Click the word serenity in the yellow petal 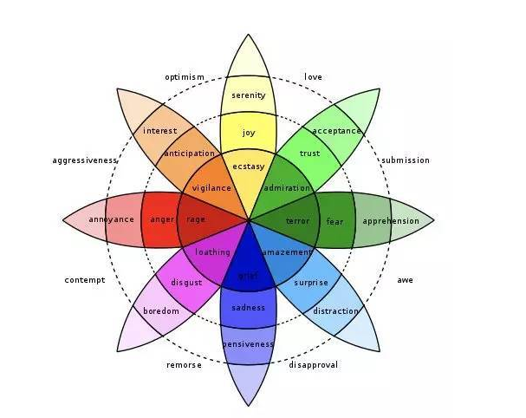[248, 95]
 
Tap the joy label [249, 133]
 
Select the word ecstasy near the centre [248, 166]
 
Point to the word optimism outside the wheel [185, 77]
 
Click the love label [314, 77]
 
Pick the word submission [406, 160]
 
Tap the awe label [406, 280]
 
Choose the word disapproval [314, 365]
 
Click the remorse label [184, 365]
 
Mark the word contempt [85, 280]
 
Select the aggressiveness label [85, 160]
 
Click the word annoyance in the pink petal [111, 219]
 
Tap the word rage [196, 219]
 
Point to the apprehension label [391, 221]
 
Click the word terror [297, 221]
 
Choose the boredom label [161, 311]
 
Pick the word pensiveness [248, 344]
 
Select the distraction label [335, 311]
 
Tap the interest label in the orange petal [160, 131]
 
